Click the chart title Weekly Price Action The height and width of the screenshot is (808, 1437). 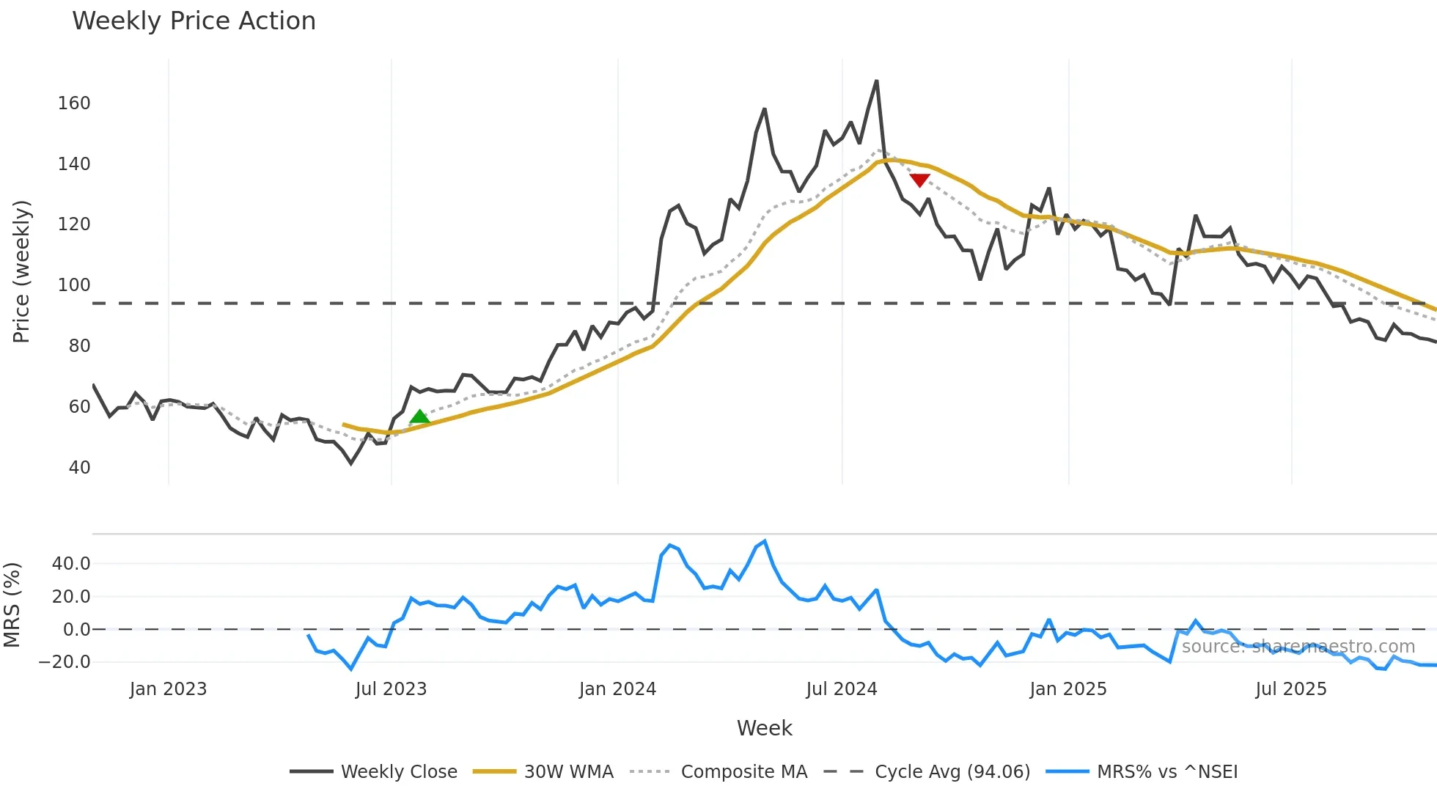[194, 21]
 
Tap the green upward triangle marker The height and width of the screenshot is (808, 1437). [419, 417]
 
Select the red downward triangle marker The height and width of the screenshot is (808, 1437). [919, 180]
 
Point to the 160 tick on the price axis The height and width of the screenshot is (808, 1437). [74, 103]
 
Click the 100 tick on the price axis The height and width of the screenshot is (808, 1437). [74, 285]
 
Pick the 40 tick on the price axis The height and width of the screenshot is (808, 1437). [79, 468]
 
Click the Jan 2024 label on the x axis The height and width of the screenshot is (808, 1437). [617, 689]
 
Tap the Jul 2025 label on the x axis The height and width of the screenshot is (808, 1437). [1290, 689]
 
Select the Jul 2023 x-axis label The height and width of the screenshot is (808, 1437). [391, 689]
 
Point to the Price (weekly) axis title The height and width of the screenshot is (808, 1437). [22, 271]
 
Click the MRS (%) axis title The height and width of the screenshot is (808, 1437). [12, 605]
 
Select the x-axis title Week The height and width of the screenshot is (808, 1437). [764, 728]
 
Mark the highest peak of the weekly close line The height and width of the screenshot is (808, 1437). [877, 81]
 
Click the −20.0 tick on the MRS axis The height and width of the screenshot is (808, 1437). [65, 662]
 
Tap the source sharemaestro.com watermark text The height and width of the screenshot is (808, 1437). [1298, 647]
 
